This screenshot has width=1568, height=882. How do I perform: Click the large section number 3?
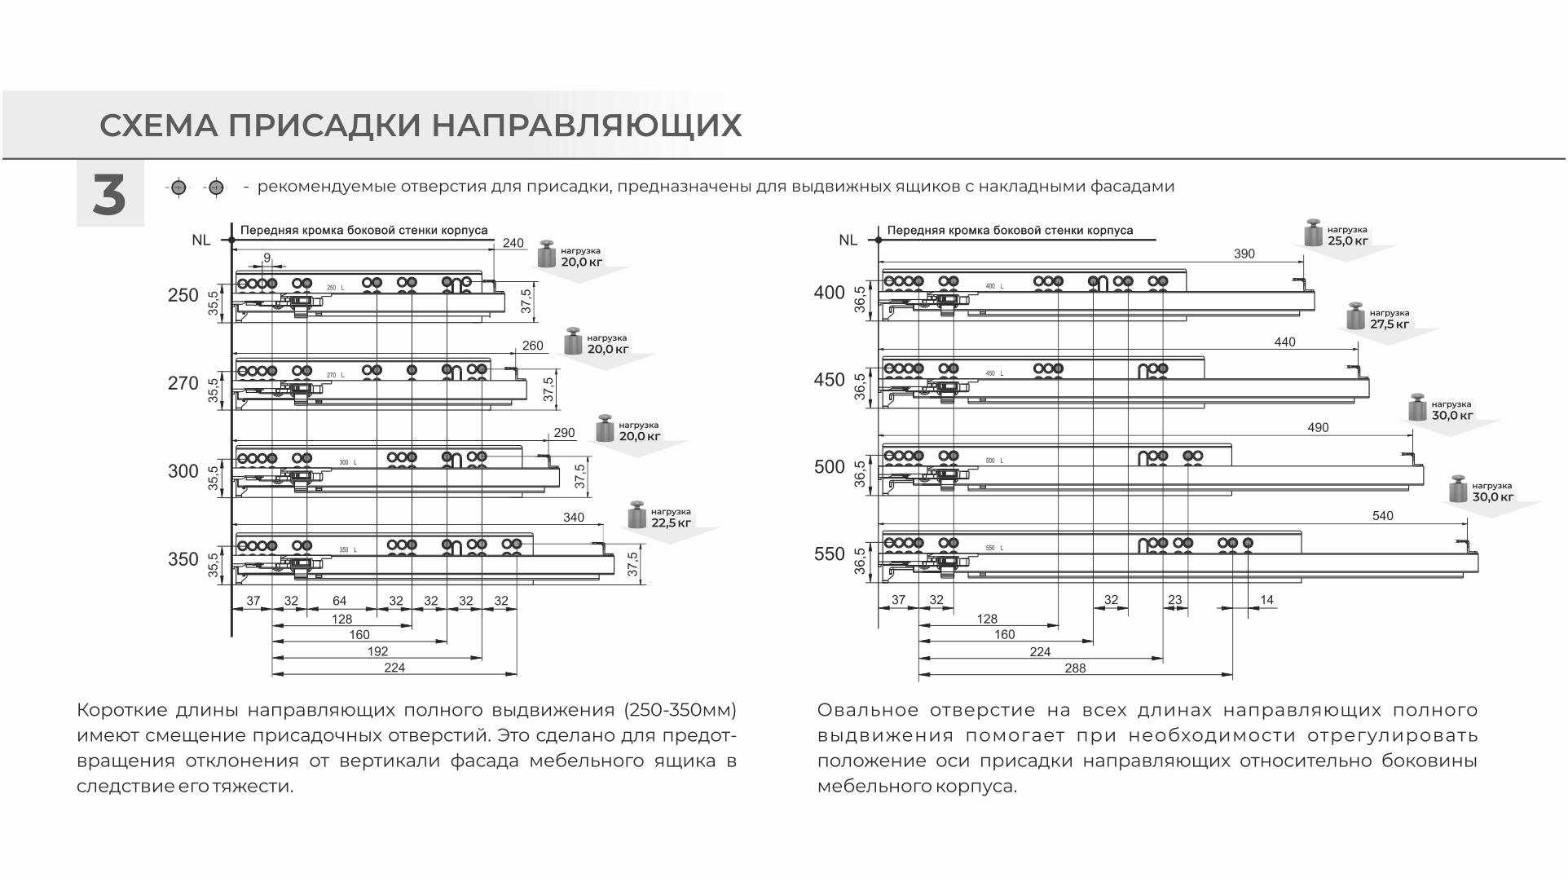click(109, 196)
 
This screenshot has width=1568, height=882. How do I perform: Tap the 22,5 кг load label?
click(671, 523)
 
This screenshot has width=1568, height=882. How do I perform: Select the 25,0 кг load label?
click(1347, 240)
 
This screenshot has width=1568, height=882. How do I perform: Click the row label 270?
click(183, 383)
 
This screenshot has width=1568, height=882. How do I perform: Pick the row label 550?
click(830, 554)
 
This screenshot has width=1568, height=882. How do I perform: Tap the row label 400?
click(830, 293)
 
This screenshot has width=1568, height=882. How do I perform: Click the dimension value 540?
click(1383, 515)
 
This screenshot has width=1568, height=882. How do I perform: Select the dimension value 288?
click(1075, 668)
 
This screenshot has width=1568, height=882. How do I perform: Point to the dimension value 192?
click(377, 651)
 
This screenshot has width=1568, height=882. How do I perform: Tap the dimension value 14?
click(1266, 600)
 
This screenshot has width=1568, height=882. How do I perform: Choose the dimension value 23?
click(1174, 600)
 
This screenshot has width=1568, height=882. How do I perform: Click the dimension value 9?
click(266, 258)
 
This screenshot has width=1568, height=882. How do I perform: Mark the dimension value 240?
click(513, 243)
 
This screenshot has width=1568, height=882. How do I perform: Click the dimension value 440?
click(1284, 342)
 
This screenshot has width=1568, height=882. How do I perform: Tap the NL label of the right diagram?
click(848, 240)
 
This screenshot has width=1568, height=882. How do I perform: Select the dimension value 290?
click(564, 433)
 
